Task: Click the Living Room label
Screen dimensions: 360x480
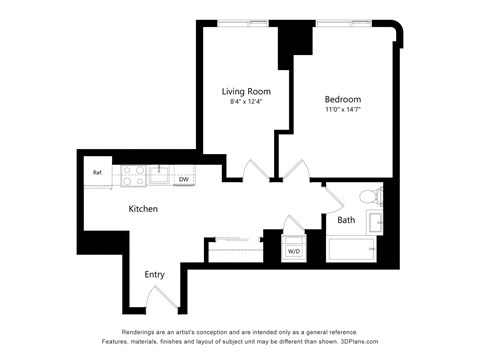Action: point(246,91)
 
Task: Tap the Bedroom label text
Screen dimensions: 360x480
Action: point(342,99)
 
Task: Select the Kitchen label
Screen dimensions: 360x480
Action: point(144,209)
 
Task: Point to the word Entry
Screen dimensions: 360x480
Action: point(154,274)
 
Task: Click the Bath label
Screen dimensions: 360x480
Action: point(346,219)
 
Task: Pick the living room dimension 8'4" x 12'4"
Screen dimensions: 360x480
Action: point(246,102)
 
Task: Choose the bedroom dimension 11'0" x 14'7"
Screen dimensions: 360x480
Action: point(342,111)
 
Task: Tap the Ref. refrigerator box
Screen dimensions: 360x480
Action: point(98,173)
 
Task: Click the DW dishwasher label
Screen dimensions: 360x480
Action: point(184,180)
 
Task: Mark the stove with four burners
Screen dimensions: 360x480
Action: point(133,175)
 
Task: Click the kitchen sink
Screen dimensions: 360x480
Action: point(159,175)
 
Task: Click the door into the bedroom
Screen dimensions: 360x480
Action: point(295,169)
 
